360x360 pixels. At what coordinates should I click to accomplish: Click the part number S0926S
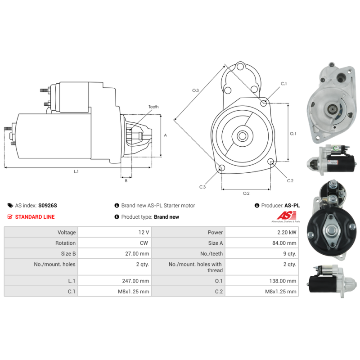pos(48,206)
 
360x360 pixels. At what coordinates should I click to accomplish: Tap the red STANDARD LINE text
pos(35,217)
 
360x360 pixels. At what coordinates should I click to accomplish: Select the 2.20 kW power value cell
pos(262,232)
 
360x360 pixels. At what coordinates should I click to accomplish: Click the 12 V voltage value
pos(144,232)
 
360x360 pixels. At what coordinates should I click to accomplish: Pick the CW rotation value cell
pos(115,243)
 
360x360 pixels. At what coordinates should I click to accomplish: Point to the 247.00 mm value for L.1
pos(135,281)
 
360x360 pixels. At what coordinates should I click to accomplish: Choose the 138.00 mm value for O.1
pos(283,281)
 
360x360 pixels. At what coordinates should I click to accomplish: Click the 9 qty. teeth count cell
pos(262,253)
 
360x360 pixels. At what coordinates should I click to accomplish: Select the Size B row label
pos(68,253)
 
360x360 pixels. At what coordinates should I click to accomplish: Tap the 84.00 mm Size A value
pos(284,243)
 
